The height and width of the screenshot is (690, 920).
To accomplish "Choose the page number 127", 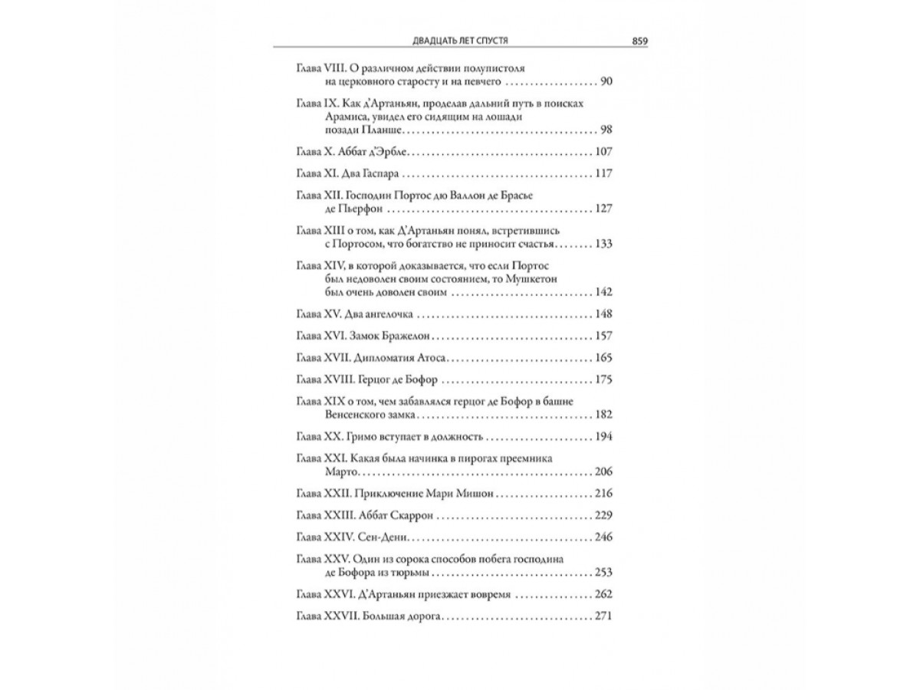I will click(603, 209).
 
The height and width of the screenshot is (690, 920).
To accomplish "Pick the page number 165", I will click(603, 359).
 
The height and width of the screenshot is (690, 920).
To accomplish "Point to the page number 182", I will click(603, 415).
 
